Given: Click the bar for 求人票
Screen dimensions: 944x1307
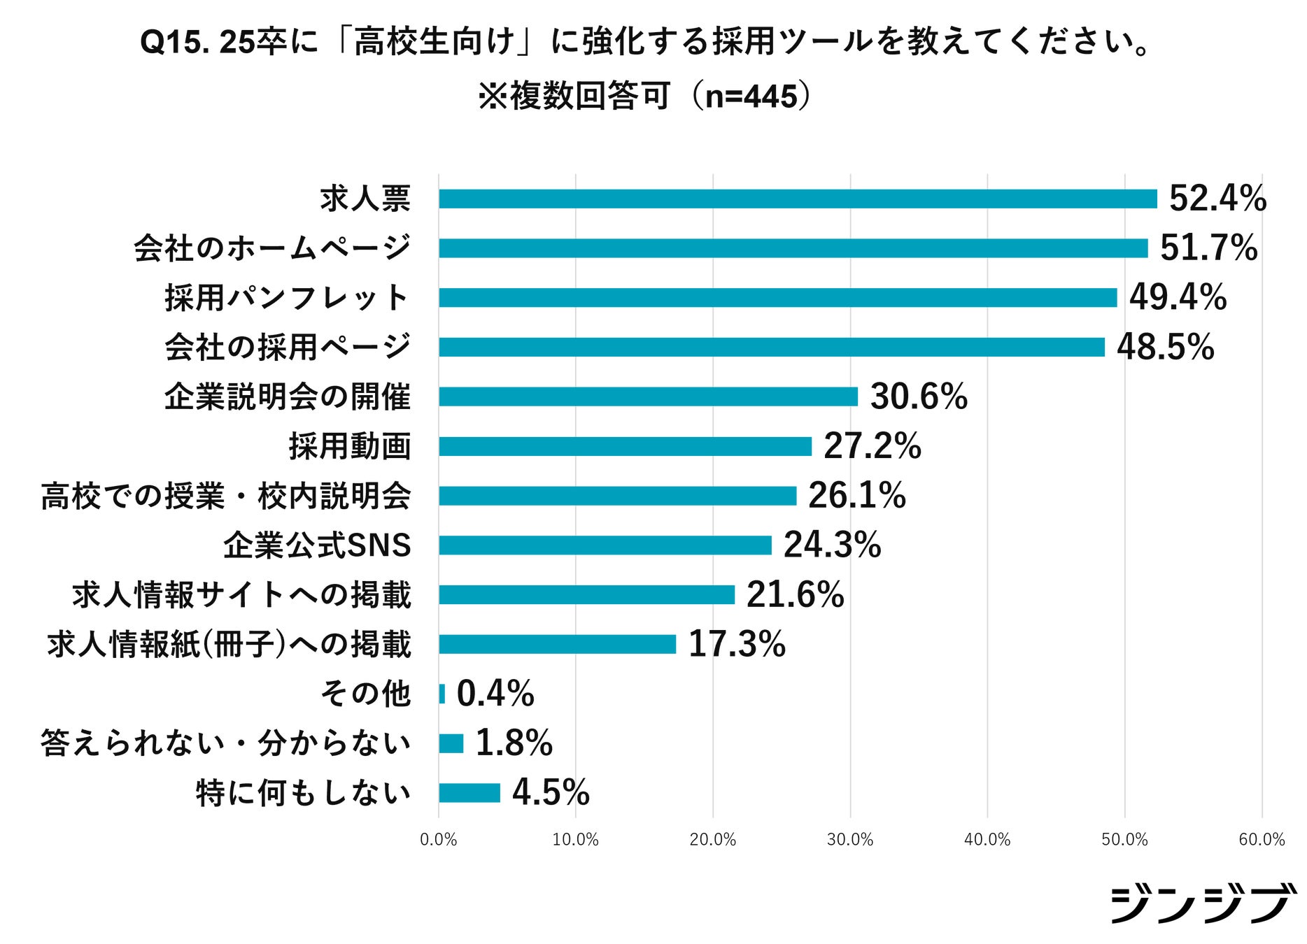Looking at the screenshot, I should pyautogui.click(x=798, y=199).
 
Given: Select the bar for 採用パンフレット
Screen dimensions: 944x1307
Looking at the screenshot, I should pyautogui.click(x=777, y=298).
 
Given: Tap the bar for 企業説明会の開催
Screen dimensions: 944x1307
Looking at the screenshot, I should pyautogui.click(x=648, y=396).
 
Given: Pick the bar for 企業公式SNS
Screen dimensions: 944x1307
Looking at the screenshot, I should pyautogui.click(x=605, y=545).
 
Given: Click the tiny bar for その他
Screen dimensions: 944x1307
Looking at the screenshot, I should pyautogui.click(x=441, y=694).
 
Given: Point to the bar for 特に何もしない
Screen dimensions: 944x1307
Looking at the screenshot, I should pyautogui.click(x=469, y=793).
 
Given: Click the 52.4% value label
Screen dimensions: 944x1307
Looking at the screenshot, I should pyautogui.click(x=1217, y=199).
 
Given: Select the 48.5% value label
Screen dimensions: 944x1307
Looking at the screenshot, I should pyautogui.click(x=1165, y=348).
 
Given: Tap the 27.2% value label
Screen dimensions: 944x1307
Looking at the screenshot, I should pyautogui.click(x=872, y=446).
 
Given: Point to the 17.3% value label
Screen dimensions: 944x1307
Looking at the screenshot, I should pyautogui.click(x=737, y=644).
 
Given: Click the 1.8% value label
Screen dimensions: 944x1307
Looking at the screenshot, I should pyautogui.click(x=514, y=743).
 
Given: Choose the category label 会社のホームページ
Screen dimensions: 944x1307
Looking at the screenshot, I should pyautogui.click(x=272, y=248).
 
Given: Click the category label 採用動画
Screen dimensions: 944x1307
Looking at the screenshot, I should pyautogui.click(x=350, y=446).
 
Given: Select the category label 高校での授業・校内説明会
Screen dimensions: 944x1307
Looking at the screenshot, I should pyautogui.click(x=226, y=496).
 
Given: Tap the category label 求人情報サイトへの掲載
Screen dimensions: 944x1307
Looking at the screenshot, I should pyautogui.click(x=241, y=595).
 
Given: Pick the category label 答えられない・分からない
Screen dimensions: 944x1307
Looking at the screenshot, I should pyautogui.click(x=226, y=743).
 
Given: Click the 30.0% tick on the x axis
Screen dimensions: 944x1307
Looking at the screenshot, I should pyautogui.click(x=850, y=840).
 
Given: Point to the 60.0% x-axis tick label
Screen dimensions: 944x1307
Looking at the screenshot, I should pyautogui.click(x=1262, y=840).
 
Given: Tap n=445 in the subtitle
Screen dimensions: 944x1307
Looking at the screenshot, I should pyautogui.click(x=751, y=96).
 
